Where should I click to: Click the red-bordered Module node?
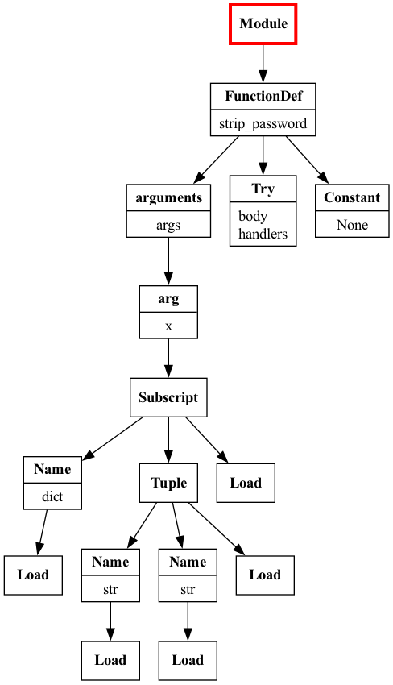263,23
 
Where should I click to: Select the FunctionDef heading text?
263,97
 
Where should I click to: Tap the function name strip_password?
263,124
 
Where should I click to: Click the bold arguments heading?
168,197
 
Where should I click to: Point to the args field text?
168,225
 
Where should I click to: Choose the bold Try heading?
263,189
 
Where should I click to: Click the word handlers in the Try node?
263,234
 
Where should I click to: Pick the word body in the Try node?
253,217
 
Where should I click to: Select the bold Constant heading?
352,197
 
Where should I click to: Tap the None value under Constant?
352,225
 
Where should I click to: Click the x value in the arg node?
168,326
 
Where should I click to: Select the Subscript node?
168,397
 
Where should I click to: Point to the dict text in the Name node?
52,496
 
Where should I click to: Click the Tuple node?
168,483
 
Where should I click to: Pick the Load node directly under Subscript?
246,483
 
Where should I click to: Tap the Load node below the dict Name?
33,575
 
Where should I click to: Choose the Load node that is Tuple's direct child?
265,575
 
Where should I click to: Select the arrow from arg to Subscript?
168,359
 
